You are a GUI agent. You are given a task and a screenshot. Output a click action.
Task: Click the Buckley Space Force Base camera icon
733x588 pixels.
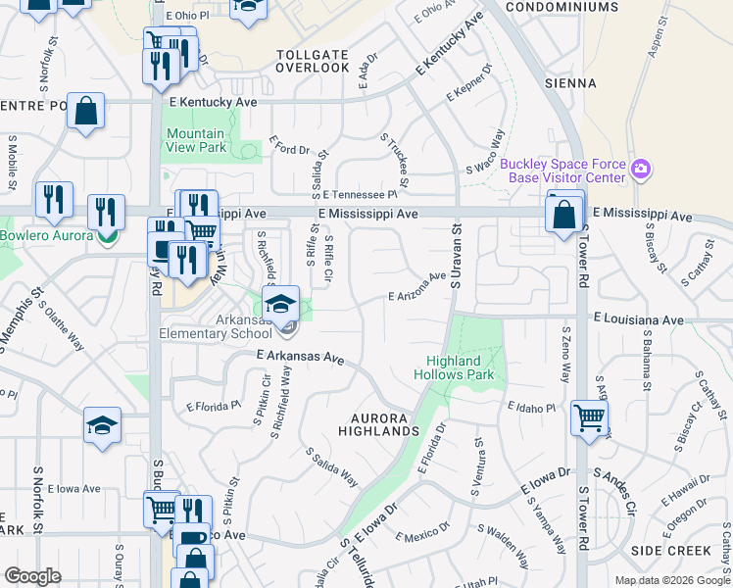coord(641,170)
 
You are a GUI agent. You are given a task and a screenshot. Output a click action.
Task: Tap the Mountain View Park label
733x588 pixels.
coord(196,140)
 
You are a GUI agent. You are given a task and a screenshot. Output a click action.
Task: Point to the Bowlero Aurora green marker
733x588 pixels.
coord(107,236)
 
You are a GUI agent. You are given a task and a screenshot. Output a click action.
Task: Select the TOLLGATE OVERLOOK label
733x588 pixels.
coord(313,61)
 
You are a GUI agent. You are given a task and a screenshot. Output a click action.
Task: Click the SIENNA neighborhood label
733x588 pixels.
coord(570,84)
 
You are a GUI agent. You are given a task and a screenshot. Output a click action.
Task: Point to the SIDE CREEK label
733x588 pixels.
coord(670,551)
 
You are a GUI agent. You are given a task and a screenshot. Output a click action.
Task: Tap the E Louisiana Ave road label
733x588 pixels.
coord(638,319)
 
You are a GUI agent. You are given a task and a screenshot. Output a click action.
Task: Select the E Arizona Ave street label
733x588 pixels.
coord(417,289)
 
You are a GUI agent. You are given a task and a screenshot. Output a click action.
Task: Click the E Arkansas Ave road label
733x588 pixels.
coord(301,358)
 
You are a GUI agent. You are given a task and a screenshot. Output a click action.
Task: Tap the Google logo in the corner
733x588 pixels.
coord(33,576)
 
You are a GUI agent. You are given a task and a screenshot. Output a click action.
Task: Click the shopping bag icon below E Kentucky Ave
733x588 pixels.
coord(86,113)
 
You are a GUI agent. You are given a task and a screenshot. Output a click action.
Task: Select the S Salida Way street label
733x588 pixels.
coord(331,467)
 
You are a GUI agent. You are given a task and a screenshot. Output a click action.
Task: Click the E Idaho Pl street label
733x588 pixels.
coord(532,407)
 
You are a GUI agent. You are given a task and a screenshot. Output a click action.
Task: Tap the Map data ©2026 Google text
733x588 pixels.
coord(671,580)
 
